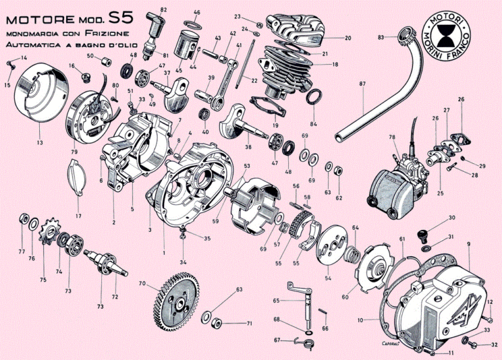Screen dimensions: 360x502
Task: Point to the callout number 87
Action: pos(363,84)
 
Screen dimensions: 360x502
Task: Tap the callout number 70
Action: pos(141,284)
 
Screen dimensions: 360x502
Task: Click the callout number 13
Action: pos(40,142)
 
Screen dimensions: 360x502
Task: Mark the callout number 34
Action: pos(183,263)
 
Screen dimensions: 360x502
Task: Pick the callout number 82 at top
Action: pos(163,8)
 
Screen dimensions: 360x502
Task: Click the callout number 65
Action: pos(276,301)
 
